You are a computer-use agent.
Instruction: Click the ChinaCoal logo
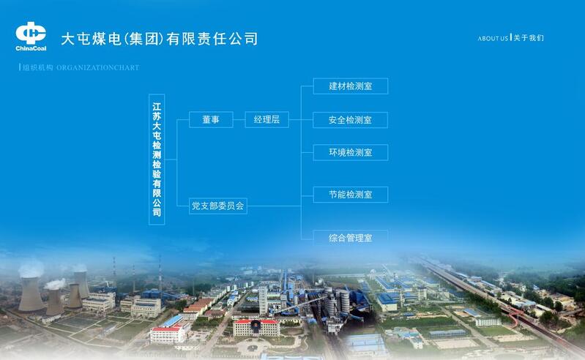[x=31, y=37]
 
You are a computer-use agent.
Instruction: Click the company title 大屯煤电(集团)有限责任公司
[x=159, y=39]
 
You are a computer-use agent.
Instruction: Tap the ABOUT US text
[x=493, y=38]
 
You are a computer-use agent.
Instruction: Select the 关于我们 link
[x=529, y=38]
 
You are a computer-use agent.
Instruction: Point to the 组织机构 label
[x=37, y=67]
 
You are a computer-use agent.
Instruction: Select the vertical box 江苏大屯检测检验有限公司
[x=157, y=159]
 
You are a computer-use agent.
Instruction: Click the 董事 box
[x=211, y=119]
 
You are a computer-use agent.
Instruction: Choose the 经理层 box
[x=267, y=119]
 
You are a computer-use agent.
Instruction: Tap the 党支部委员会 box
[x=218, y=206]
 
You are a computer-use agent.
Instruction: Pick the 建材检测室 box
[x=350, y=86]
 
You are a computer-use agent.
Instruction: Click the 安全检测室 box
[x=350, y=119]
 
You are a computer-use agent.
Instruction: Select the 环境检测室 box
[x=350, y=152]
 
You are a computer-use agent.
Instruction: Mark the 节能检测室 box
[x=350, y=195]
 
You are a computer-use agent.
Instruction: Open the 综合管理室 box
[x=350, y=237]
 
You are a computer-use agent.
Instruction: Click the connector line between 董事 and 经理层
[x=239, y=119]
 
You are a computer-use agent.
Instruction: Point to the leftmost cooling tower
[x=30, y=293]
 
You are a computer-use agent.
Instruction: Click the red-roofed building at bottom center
[x=256, y=326]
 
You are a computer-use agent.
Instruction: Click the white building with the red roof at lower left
[x=168, y=333]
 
